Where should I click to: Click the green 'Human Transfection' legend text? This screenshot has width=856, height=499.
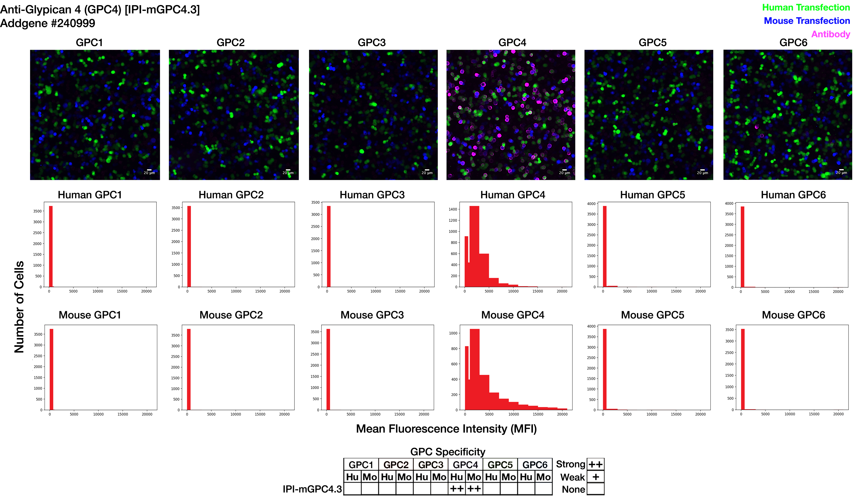805,7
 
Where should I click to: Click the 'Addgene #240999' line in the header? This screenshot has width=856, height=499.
48,23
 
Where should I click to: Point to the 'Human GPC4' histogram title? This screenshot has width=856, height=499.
512,195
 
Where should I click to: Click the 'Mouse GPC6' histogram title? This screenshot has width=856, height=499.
793,315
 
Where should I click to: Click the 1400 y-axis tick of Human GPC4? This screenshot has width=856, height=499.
453,209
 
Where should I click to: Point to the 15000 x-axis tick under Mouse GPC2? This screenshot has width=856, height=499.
260,414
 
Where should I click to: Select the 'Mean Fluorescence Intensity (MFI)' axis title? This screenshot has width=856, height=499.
446,429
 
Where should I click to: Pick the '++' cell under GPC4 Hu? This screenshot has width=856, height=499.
457,489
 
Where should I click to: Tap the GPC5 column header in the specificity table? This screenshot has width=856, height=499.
500,465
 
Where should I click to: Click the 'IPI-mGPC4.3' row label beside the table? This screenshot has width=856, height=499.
312,489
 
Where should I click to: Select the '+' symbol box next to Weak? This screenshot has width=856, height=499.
595,477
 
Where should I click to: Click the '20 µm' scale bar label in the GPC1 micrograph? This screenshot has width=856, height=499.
149,173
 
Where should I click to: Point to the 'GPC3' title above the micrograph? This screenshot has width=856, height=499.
372,43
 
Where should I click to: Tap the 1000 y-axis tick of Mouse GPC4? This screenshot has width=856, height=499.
453,333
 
